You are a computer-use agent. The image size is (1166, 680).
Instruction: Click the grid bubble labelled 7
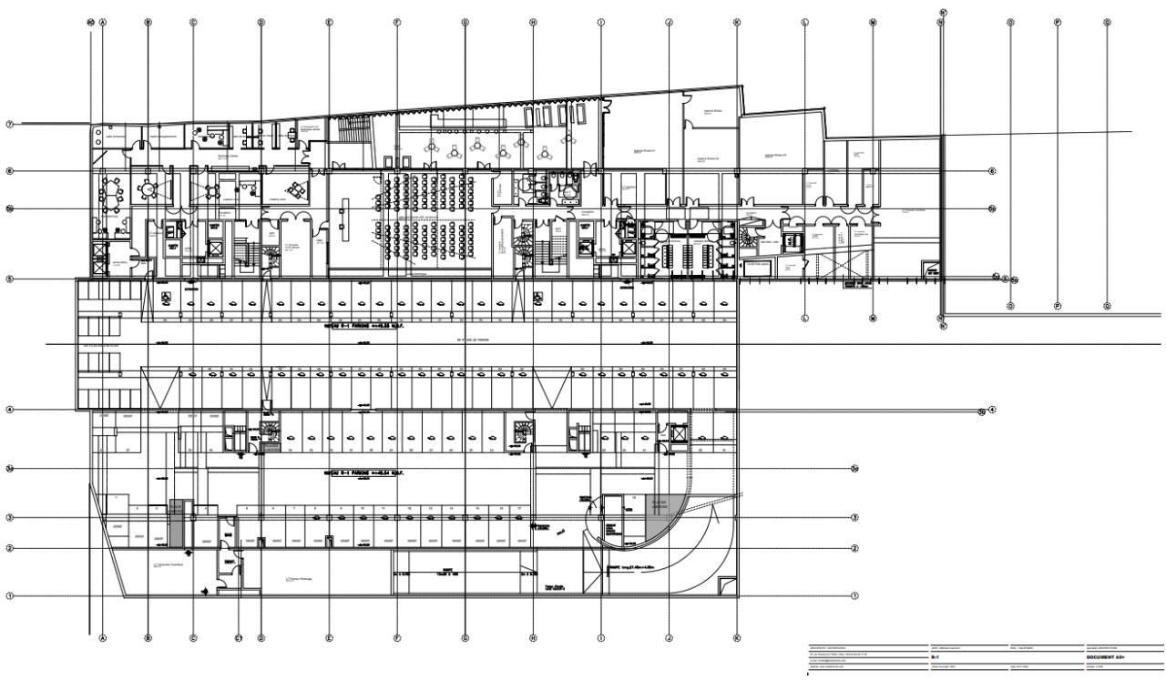(10, 124)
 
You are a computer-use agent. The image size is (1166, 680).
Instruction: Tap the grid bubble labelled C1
(240, 638)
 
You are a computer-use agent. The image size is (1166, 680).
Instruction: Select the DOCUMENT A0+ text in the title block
(1106, 656)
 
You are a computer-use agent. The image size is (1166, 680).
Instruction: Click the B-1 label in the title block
(934, 656)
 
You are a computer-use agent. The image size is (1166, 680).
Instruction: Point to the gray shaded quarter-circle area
(660, 516)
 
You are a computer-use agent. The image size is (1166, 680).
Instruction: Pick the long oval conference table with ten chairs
(114, 192)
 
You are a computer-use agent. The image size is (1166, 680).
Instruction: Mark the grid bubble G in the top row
(465, 22)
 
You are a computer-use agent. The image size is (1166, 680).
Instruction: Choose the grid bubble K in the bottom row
(737, 638)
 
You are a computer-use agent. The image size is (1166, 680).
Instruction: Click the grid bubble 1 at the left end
(10, 597)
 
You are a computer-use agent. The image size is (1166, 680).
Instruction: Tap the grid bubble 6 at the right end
(992, 170)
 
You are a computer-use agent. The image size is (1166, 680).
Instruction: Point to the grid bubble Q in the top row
(1107, 22)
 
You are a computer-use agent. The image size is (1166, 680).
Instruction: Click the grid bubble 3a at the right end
(854, 469)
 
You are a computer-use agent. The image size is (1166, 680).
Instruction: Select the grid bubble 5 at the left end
(10, 279)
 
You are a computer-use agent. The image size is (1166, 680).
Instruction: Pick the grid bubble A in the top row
(103, 22)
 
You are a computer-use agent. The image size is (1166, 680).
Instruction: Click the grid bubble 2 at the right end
(854, 548)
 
